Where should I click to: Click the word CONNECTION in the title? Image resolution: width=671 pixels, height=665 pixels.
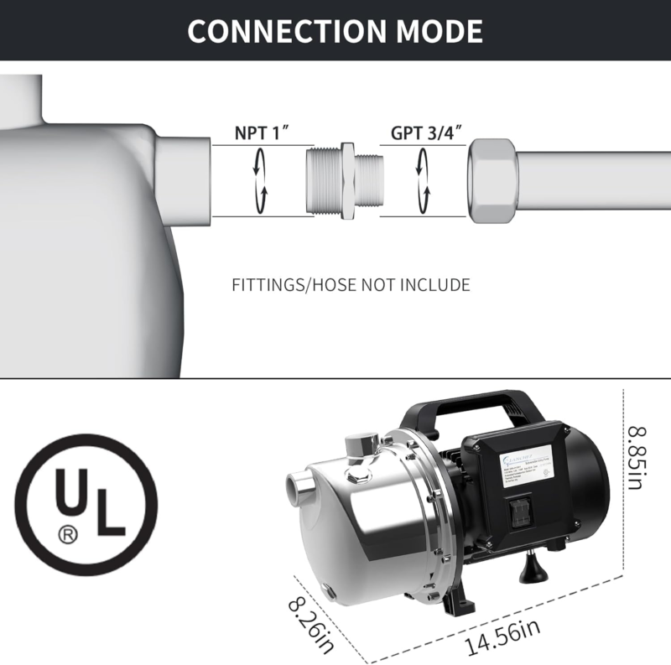(x=276, y=31)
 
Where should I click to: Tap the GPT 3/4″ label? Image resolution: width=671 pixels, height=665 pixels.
(x=427, y=132)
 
